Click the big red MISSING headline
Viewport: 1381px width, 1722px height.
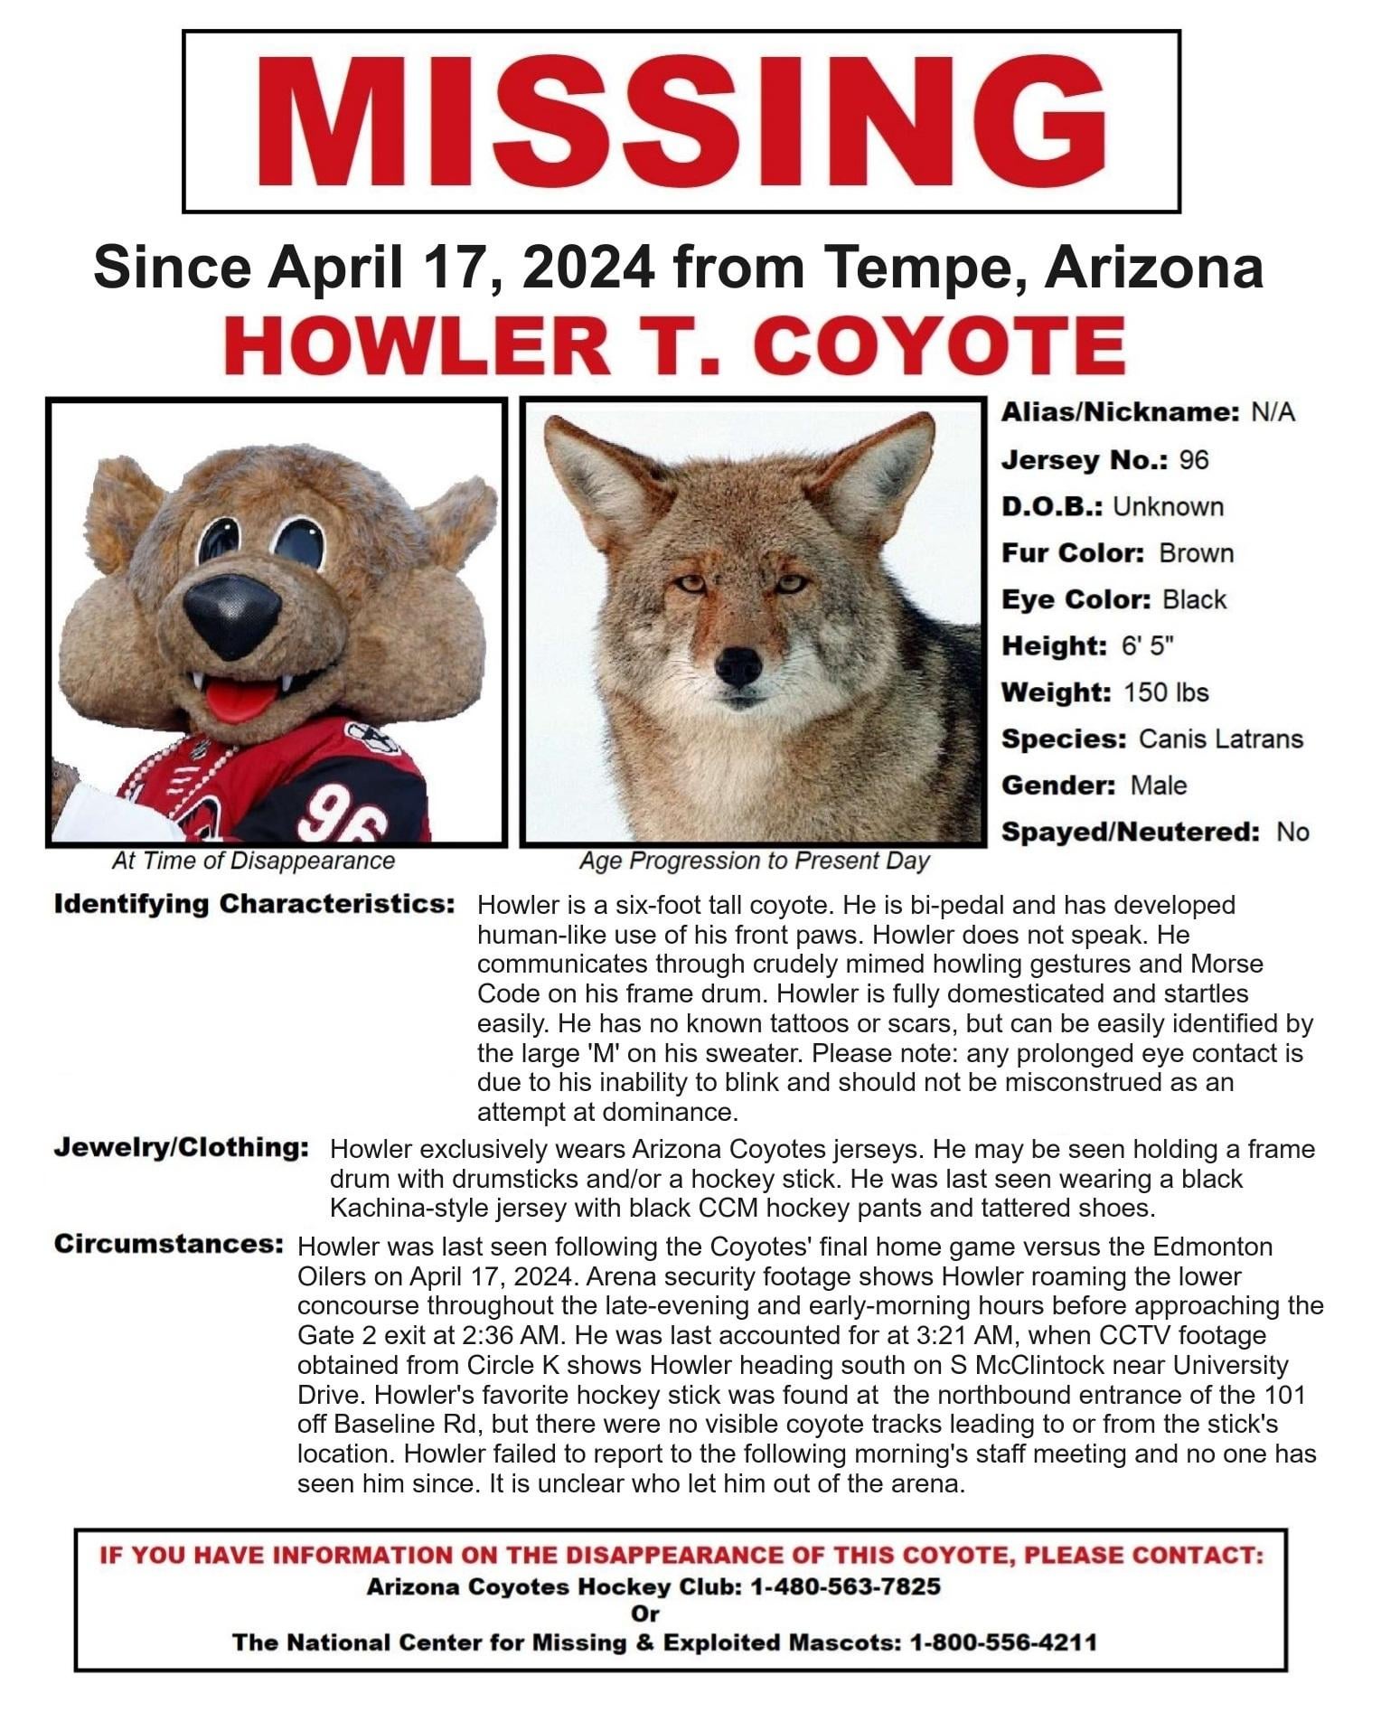click(681, 122)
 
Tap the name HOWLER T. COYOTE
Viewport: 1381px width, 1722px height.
click(676, 346)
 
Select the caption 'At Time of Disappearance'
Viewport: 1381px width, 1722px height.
click(253, 861)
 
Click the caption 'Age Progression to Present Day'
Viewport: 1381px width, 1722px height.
click(754, 861)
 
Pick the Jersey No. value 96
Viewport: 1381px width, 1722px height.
click(1193, 460)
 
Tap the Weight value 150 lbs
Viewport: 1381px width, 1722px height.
click(1166, 692)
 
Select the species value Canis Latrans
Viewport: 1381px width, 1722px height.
click(1220, 739)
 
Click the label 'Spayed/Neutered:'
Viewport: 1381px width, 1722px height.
click(1130, 833)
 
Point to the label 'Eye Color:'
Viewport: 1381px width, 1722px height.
click(1076, 600)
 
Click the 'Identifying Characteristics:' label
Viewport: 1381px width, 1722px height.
click(254, 904)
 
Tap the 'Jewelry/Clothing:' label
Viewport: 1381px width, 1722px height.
click(182, 1148)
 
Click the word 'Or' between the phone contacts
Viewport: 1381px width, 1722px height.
click(645, 1614)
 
